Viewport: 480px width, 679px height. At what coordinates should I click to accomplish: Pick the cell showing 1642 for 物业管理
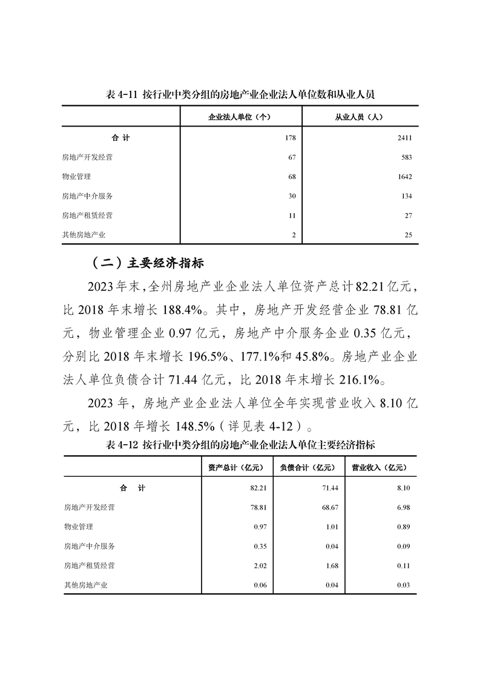[x=404, y=177]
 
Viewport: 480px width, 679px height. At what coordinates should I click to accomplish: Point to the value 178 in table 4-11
[x=289, y=138]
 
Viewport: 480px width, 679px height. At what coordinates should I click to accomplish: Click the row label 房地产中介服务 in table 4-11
[x=87, y=196]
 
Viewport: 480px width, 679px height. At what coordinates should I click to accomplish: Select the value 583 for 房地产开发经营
[x=406, y=157]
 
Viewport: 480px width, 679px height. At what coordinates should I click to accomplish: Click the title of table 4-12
[x=240, y=445]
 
